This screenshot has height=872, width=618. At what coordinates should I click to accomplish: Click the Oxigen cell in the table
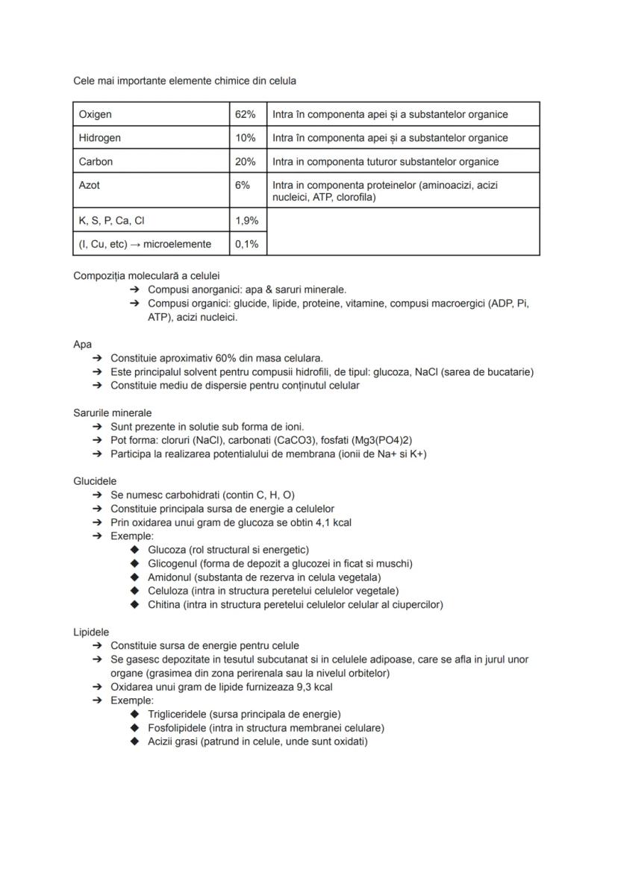96,114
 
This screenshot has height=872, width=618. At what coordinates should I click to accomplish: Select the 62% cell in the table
245,114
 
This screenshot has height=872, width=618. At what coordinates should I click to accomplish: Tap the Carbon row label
96,161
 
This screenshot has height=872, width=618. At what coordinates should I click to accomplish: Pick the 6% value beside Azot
242,184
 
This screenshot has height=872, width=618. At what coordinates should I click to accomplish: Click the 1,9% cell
246,220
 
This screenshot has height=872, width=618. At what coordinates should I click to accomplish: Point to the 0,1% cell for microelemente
246,244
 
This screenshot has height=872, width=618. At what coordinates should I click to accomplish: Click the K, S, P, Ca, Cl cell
111,220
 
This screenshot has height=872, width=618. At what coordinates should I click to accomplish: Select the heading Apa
82,344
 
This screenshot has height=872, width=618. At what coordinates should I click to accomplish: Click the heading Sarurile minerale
112,413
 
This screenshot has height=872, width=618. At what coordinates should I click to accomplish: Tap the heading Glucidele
95,481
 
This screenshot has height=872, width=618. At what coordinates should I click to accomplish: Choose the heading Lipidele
91,632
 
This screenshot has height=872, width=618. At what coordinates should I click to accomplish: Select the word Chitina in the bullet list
164,604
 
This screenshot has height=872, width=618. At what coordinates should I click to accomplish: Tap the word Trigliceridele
177,714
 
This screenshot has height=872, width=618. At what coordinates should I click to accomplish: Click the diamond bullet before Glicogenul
134,563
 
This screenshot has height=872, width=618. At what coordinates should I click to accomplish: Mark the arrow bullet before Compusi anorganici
134,289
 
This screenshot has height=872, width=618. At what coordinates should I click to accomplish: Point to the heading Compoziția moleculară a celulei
146,275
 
